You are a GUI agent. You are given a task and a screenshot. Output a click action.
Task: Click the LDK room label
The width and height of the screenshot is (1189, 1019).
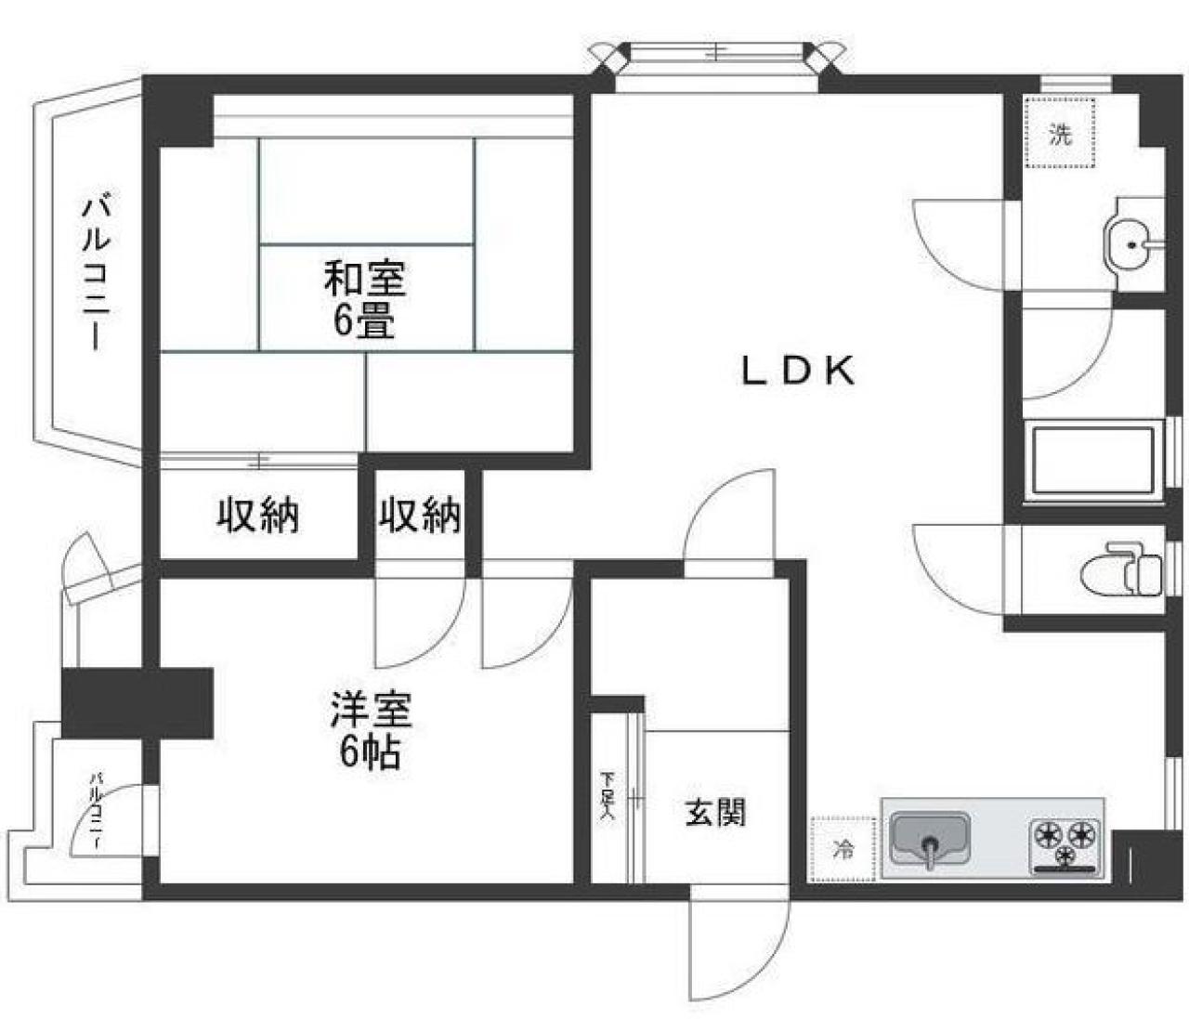coord(797,372)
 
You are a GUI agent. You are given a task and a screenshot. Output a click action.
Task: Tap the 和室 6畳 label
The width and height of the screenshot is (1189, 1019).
coord(364,298)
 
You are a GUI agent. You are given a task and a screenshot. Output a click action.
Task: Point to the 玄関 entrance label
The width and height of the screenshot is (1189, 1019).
coord(715,814)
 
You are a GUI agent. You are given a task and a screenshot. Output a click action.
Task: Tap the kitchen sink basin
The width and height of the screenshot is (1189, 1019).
coord(929,839)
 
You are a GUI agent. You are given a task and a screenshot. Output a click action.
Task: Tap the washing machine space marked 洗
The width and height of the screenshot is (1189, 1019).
coord(1060,133)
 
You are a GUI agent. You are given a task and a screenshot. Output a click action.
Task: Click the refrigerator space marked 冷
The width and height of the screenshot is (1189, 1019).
coord(843,849)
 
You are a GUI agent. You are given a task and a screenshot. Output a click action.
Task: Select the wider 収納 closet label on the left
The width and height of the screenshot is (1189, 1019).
coord(258,515)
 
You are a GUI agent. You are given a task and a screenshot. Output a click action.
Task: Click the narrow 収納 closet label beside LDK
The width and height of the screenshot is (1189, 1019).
coord(420,514)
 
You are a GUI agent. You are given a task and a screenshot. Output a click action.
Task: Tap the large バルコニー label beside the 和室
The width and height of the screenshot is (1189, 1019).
coord(95,270)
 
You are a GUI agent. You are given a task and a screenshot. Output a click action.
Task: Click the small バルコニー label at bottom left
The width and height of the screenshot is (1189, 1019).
coord(95,809)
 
